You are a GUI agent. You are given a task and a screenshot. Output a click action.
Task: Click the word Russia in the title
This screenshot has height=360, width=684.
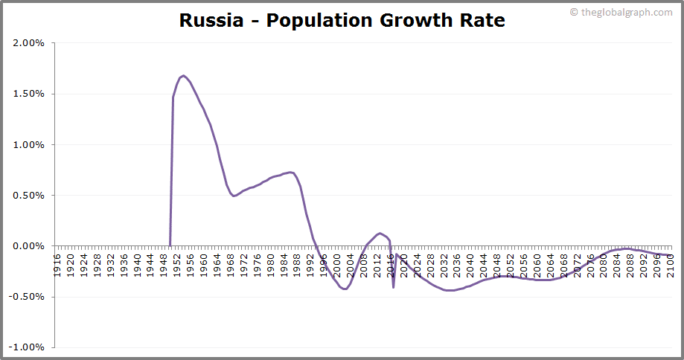coord(211,20)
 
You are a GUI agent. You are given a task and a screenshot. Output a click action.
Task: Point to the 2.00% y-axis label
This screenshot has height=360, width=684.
coord(29,43)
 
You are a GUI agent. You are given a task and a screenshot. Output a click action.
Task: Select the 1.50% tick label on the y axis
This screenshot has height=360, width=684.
coord(29,94)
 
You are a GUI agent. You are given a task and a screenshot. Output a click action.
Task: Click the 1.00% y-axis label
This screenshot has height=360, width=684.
coord(29,144)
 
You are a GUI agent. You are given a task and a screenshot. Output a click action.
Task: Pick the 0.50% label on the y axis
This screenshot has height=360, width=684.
coord(29,195)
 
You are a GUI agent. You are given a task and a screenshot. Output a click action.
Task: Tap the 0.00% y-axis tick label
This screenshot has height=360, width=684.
coord(29,246)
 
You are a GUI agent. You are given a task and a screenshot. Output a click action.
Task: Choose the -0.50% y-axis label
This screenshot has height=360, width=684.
coord(28,297)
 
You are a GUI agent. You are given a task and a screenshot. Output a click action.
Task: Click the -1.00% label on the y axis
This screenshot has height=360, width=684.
coord(28,347)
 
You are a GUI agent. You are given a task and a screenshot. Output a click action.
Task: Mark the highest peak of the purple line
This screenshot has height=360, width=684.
coord(183,76)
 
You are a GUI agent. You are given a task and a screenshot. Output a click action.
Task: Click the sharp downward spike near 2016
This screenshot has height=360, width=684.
coord(393,286)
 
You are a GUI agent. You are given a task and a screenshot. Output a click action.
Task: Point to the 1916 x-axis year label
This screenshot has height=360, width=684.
coord(58,264)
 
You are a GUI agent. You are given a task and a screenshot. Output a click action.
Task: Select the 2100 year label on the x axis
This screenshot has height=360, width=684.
coord(670,264)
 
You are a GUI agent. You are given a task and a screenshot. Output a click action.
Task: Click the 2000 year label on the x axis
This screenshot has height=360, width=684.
coord(337,264)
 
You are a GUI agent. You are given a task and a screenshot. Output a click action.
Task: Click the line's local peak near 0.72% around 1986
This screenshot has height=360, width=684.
coord(290,173)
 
